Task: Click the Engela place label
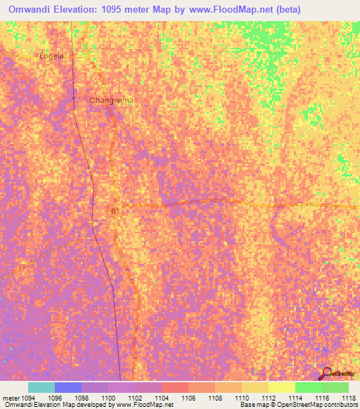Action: [51, 56]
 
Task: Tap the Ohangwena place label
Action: [111, 100]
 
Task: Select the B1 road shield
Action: [115, 210]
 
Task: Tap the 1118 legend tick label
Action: [348, 398]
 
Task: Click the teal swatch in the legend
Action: [41, 387]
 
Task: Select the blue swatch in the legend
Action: [68, 387]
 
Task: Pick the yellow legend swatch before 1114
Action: [282, 387]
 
